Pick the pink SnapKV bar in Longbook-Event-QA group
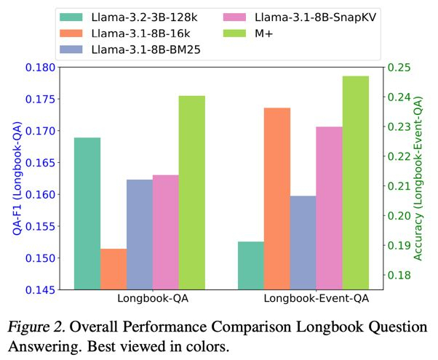click(x=330, y=208)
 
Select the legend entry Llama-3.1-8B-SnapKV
click(x=287, y=33)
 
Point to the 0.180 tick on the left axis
click(x=39, y=68)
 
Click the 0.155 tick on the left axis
click(x=39, y=227)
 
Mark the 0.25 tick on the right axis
click(x=399, y=68)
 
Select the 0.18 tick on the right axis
click(x=399, y=275)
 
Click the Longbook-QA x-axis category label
click(x=153, y=299)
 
